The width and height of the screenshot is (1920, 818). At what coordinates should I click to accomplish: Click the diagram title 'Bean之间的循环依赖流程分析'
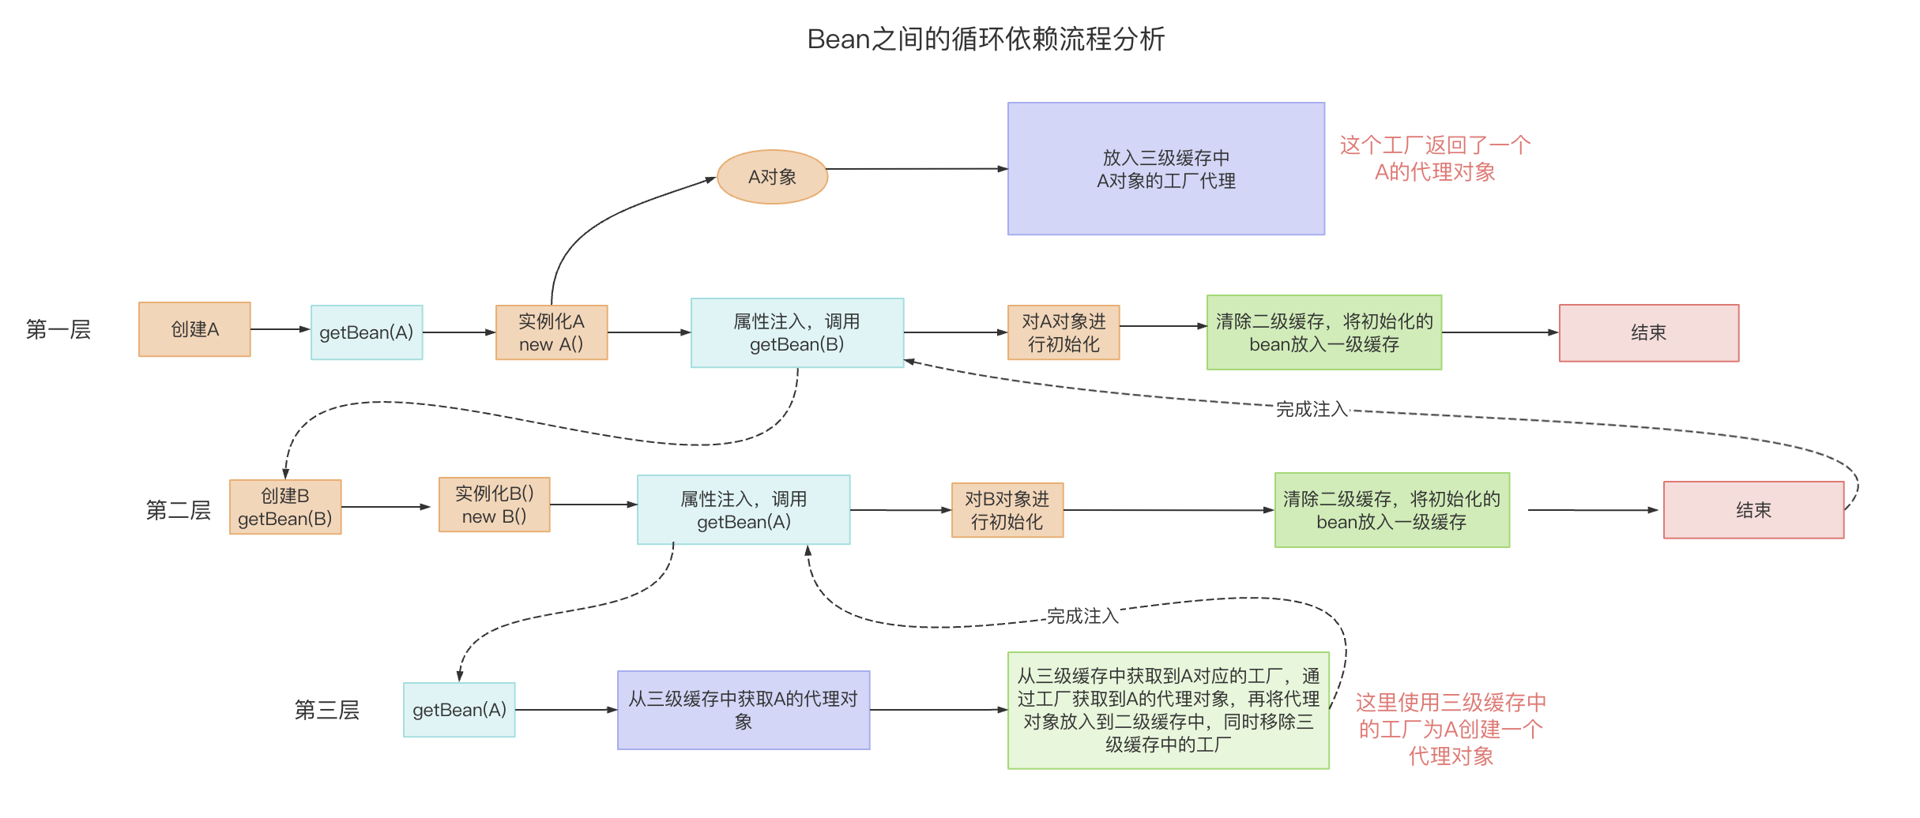point(985,39)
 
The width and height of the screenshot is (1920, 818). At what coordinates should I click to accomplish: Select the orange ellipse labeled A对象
point(772,177)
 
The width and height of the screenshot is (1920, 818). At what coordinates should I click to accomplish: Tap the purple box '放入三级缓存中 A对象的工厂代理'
point(1165,169)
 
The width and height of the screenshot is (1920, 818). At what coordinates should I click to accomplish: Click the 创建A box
point(194,329)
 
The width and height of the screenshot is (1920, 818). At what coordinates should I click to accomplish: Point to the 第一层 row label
point(58,329)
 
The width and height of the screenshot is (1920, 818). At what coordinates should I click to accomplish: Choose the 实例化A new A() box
point(551,332)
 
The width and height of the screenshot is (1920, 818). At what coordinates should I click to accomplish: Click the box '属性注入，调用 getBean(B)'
point(796,332)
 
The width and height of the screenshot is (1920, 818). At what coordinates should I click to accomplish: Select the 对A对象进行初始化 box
point(1063,332)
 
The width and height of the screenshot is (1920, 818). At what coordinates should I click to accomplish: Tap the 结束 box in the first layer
point(1648,332)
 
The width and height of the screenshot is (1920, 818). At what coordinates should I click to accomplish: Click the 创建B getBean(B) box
point(285,507)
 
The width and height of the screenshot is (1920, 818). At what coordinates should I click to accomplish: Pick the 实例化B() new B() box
point(494,505)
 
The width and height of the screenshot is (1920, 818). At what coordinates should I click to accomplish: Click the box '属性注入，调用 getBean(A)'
point(743,510)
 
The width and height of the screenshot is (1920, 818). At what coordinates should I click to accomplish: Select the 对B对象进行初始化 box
point(1007,510)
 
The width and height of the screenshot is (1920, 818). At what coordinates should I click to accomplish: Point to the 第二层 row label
point(179,510)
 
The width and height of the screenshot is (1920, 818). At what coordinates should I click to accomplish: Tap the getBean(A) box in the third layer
point(459,710)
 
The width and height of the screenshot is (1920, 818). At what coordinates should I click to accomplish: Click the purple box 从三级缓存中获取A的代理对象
point(743,710)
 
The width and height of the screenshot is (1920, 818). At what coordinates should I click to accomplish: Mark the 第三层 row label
point(327,710)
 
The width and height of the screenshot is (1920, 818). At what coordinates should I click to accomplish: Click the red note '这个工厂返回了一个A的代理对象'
point(1435,159)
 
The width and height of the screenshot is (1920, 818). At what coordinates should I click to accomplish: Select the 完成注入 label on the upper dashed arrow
point(1312,409)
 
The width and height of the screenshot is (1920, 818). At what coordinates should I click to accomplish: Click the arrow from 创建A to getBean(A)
point(280,329)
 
